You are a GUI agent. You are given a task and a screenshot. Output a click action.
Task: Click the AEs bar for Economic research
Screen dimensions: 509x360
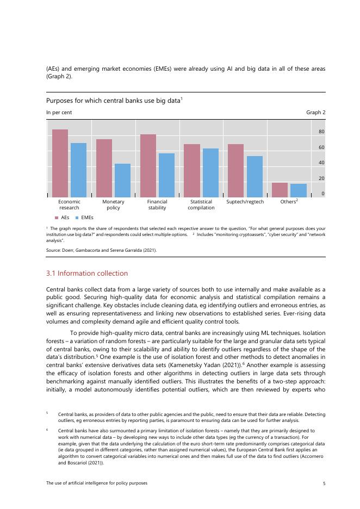(x=60, y=163)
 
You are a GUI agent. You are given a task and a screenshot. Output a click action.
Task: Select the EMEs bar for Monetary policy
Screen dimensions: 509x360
(x=122, y=180)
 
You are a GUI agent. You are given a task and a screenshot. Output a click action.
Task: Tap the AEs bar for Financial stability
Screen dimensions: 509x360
(x=148, y=165)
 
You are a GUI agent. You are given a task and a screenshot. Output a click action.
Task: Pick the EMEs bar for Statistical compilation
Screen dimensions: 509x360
(x=210, y=172)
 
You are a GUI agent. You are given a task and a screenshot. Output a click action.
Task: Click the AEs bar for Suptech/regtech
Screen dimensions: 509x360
(x=235, y=170)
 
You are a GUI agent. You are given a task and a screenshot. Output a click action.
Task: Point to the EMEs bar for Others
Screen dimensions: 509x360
(x=299, y=190)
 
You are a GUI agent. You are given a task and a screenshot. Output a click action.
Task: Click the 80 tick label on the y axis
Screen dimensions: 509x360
(x=322, y=132)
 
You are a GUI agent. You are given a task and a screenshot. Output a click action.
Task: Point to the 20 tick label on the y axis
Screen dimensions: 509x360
(x=322, y=178)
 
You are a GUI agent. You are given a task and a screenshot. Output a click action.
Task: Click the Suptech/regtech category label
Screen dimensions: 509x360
(x=245, y=202)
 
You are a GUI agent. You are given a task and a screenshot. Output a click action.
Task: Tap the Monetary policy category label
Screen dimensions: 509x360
(x=113, y=204)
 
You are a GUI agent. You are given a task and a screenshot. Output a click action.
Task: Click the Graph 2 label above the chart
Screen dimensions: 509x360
(x=316, y=113)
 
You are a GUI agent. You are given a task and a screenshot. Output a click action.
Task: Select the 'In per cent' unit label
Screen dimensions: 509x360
(x=59, y=113)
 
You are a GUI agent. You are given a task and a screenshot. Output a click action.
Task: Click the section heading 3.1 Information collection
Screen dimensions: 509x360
(x=87, y=273)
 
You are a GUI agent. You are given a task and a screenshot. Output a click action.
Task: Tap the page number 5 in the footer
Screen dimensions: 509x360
(x=324, y=483)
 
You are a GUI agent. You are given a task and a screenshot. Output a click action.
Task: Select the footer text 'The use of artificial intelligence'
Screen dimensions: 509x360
(x=97, y=483)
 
